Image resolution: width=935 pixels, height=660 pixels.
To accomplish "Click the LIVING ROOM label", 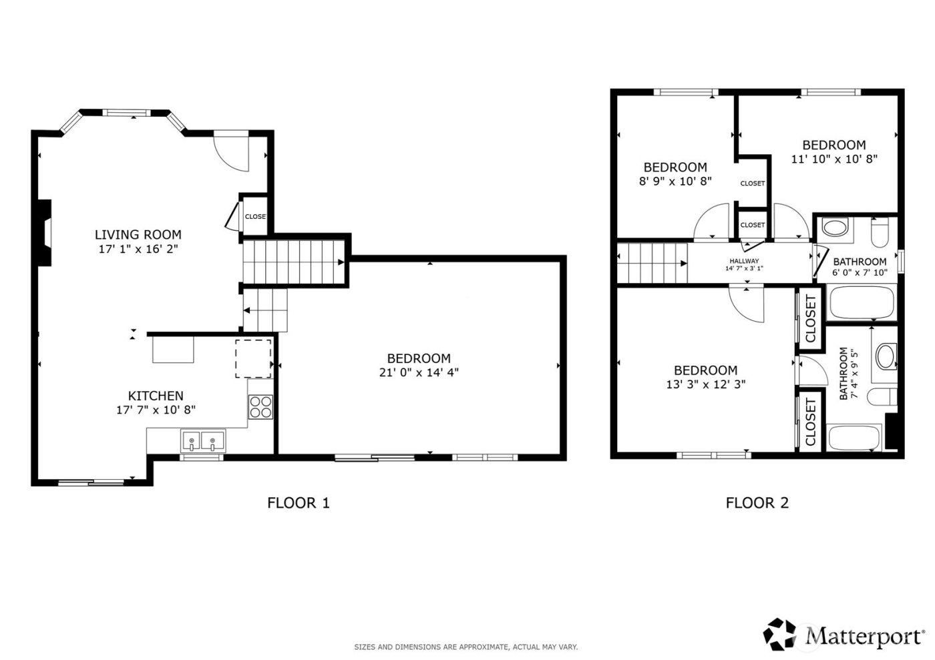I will [x=138, y=234].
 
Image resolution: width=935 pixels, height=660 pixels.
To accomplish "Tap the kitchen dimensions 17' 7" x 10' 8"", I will [x=156, y=410].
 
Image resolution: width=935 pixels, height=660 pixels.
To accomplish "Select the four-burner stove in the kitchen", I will [x=260, y=406].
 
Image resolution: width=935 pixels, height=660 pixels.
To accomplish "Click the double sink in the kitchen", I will [x=202, y=441].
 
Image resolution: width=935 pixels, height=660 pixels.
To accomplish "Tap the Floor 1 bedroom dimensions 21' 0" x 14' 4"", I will [x=419, y=372].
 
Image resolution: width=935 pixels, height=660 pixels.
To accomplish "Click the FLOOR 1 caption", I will [x=299, y=503].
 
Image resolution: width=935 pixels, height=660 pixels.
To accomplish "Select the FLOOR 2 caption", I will [x=757, y=503].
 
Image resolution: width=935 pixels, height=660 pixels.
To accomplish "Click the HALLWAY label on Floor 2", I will [x=744, y=261].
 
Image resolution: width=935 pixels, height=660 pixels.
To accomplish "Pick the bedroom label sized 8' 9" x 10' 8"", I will [x=675, y=167].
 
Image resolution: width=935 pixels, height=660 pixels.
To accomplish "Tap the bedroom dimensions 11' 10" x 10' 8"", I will [x=833, y=159].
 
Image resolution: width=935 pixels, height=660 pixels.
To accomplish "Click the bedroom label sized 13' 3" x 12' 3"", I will [x=705, y=384].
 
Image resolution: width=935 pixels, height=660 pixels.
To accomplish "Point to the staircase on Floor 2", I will [x=652, y=263].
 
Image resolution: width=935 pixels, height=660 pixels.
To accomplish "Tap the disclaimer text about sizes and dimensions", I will [x=465, y=647].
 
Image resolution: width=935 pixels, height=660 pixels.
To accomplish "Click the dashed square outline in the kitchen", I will [x=253, y=358].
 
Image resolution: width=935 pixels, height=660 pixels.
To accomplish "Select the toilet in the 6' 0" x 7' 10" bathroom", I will [x=880, y=233].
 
